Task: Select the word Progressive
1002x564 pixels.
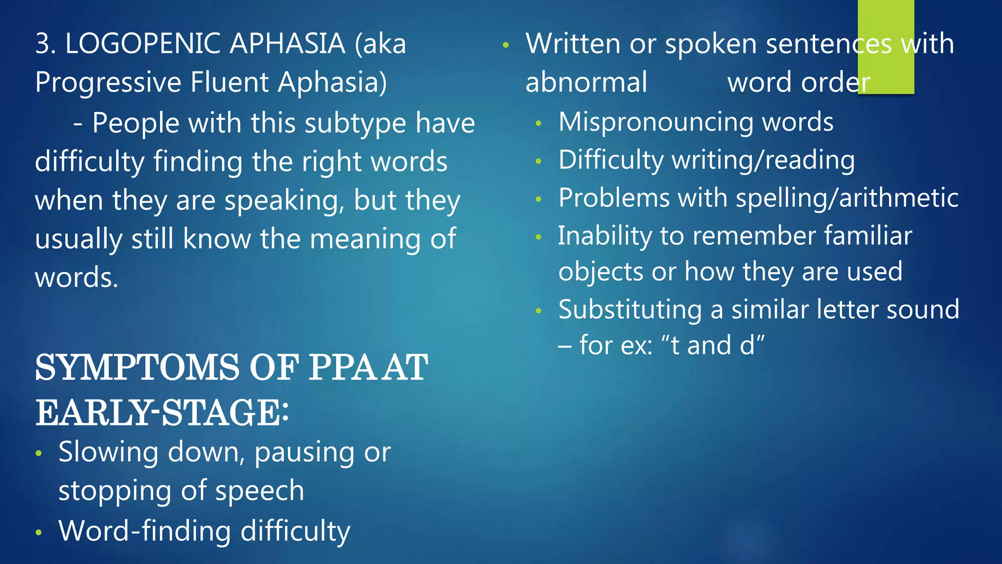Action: [x=108, y=82]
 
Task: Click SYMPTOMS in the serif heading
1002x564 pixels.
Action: [x=137, y=368]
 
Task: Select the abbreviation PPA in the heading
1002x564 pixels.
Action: [x=342, y=368]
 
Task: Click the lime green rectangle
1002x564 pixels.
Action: [x=886, y=47]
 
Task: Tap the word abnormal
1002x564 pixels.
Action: [x=586, y=82]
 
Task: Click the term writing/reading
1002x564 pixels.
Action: [x=763, y=161]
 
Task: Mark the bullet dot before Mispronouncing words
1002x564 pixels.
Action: [x=538, y=123]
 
